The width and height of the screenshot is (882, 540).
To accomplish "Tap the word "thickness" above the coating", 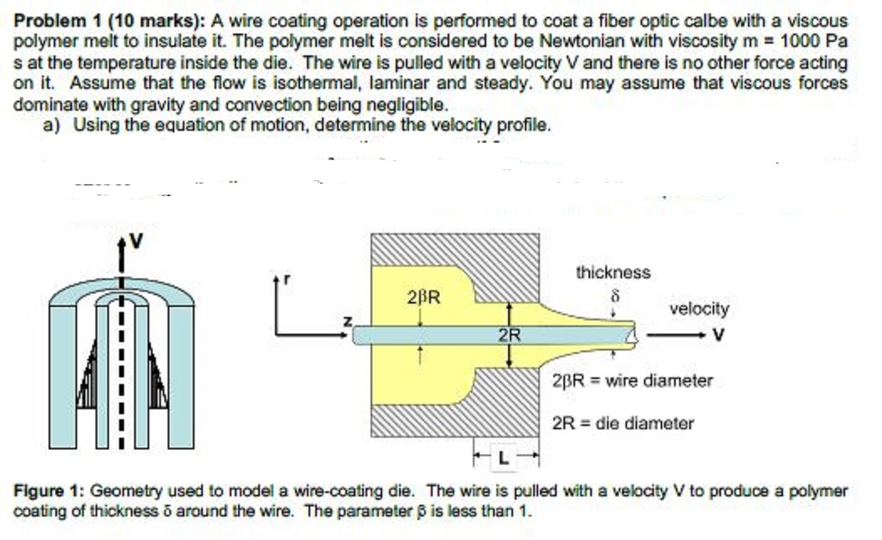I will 613,273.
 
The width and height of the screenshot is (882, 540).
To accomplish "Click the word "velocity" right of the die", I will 699,309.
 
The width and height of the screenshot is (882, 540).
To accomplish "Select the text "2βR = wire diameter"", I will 632,381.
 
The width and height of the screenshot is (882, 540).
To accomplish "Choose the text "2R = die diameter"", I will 623,423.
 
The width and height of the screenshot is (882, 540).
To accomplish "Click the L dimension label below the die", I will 502,459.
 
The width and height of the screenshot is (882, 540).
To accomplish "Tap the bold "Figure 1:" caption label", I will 49,491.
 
